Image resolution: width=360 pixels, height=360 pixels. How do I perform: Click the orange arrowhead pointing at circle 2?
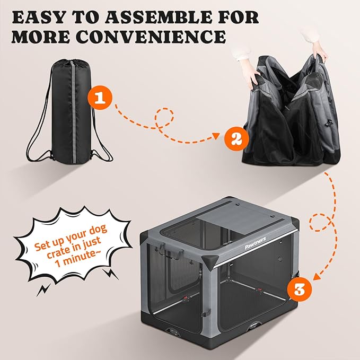tap(217, 137)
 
